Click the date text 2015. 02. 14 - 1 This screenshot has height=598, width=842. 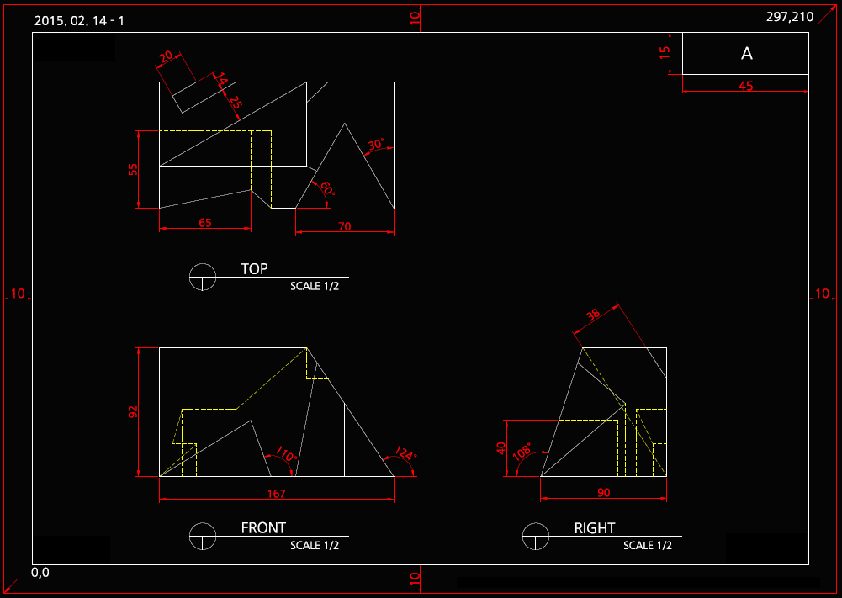coord(79,21)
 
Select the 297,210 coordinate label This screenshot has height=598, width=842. coord(789,17)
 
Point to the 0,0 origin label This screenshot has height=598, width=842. coord(40,572)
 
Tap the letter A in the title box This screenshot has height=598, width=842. coord(746,53)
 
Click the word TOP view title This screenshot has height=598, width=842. coord(254,268)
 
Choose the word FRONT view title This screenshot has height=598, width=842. coord(263,527)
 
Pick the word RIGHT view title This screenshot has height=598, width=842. coord(595,528)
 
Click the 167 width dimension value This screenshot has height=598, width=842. coord(276,494)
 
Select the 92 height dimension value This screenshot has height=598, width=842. coord(133,412)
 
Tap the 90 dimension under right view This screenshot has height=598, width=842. coord(604,493)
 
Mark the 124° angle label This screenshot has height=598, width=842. coord(405,453)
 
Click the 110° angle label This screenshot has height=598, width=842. coord(286,453)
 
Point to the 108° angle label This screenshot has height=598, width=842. coord(522,452)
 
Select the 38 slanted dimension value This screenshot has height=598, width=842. coord(592,315)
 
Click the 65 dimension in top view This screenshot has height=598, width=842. coord(205,222)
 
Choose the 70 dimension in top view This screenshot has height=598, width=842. coord(344,226)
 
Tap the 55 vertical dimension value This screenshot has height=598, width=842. coord(133,169)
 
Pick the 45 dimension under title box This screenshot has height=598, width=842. coord(745,86)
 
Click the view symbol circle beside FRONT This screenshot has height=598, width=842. coord(203,536)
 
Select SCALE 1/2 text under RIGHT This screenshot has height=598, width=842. coord(648,545)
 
